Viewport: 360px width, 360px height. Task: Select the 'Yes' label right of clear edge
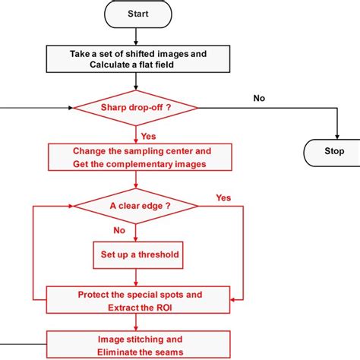coord(223,197)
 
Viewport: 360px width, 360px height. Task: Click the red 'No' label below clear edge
coord(118,229)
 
